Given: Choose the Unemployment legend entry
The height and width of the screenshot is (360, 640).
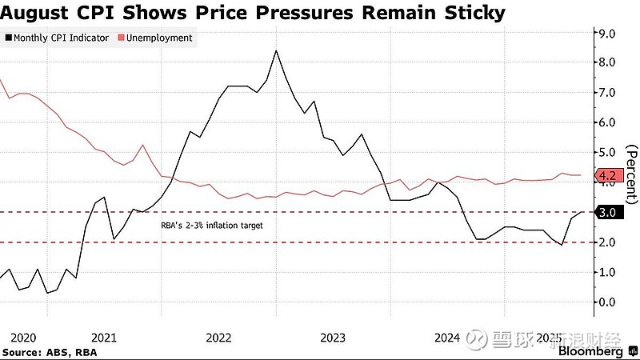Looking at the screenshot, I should point(159,38).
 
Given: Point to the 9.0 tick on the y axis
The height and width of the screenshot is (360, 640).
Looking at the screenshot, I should point(606,33).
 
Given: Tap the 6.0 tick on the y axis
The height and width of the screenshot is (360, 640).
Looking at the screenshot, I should point(606,122).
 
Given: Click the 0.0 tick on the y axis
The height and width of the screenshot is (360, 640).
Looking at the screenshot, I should point(606,302).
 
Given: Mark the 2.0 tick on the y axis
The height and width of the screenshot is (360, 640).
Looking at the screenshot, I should point(606,242).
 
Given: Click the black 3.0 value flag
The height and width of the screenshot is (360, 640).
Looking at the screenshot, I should point(606,212).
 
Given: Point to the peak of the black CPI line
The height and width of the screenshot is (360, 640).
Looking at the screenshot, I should point(276,51).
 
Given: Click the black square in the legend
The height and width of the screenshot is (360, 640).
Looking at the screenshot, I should point(8,38).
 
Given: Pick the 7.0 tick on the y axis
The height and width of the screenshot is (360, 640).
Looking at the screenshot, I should point(606,93).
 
